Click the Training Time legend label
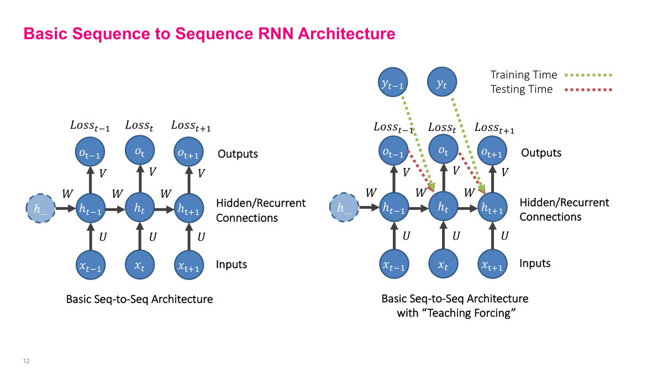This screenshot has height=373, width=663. [x=524, y=75]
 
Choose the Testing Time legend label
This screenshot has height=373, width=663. [x=522, y=89]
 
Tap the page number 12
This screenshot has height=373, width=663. [x=26, y=361]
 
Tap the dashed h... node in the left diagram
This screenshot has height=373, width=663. [x=40, y=209]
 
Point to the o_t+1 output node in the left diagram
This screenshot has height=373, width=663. [x=188, y=153]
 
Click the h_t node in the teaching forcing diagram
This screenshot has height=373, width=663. [x=443, y=208]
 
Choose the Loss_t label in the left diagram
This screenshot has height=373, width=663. [x=139, y=125]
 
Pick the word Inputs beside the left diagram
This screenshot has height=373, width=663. [x=231, y=264]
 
